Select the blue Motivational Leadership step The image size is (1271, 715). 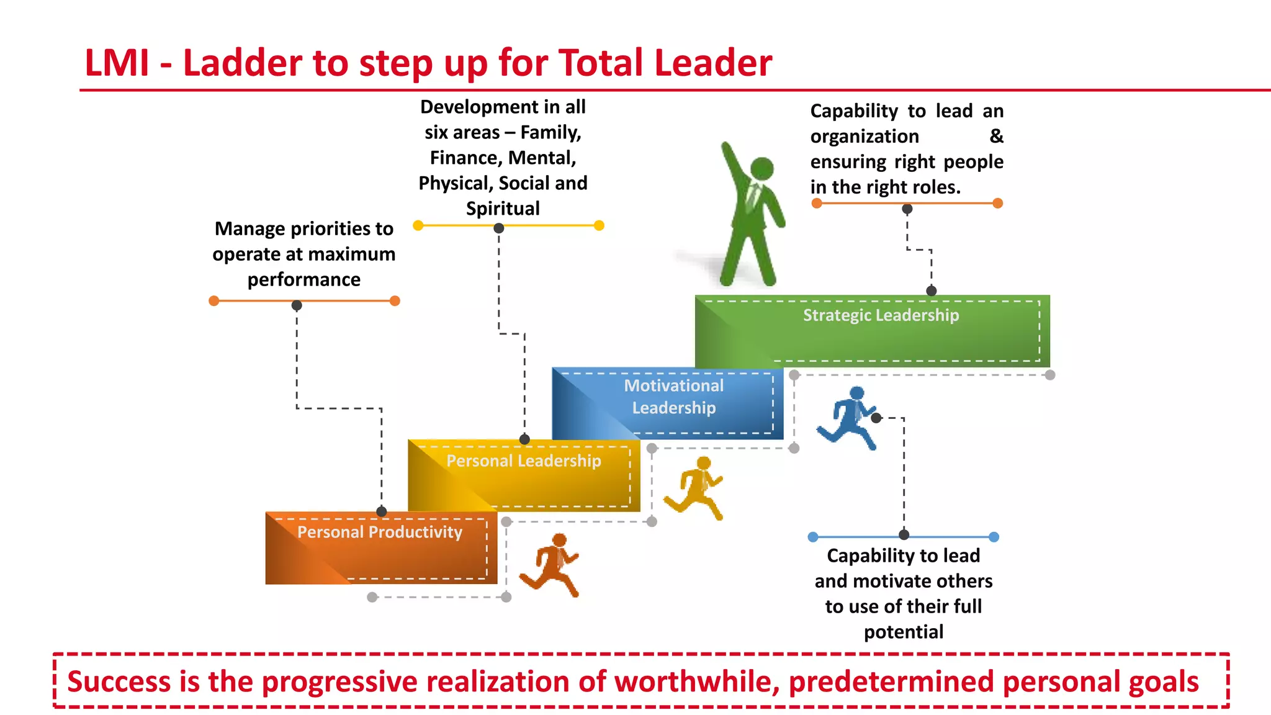click(x=668, y=403)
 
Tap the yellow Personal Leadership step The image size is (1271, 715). click(x=523, y=475)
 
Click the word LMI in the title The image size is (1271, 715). click(x=117, y=63)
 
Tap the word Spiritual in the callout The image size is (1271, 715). click(x=503, y=209)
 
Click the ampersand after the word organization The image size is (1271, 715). click(x=995, y=136)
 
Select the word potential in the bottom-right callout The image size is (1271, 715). click(x=903, y=632)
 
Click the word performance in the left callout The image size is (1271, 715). click(x=303, y=280)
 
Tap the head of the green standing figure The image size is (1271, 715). click(x=762, y=169)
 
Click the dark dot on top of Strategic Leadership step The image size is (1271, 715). click(x=931, y=290)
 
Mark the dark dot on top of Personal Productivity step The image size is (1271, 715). click(x=382, y=511)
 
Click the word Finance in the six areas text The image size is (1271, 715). click(x=465, y=158)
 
